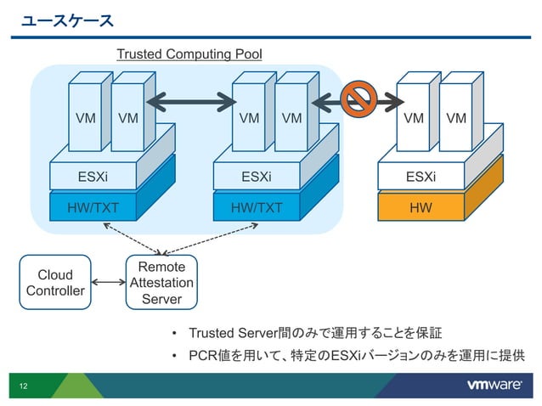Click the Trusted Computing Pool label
coord(189,54)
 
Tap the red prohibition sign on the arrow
coord(357,102)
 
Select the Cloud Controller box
coord(56,283)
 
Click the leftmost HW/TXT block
coord(93,207)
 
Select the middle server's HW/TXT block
coord(257,207)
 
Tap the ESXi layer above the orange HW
coord(421,177)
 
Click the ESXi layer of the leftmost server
coord(93,177)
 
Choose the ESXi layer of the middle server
coord(257,177)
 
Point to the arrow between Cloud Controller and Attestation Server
coord(108,283)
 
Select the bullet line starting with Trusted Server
coord(314,331)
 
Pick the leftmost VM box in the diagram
coord(85,119)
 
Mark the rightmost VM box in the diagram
coord(456,119)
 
